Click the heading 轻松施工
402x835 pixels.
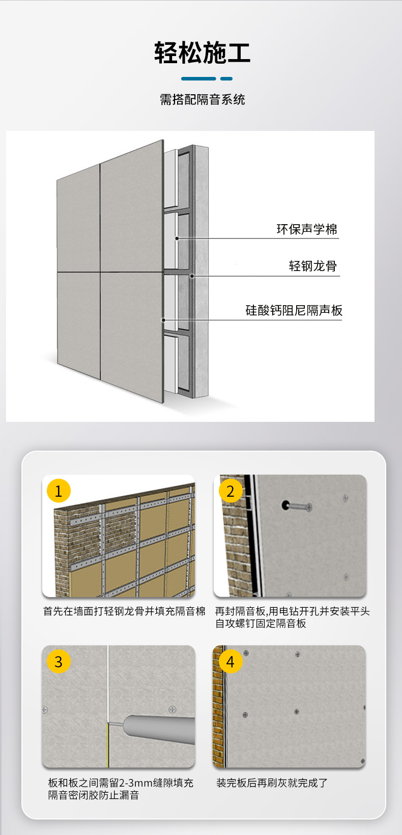coord(202,52)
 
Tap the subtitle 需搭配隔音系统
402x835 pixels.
coord(202,99)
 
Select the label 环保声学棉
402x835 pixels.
coord(307,229)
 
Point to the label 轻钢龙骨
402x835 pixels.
coord(312,266)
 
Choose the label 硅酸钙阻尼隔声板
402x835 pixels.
coord(294,310)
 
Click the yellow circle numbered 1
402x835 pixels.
coord(59,491)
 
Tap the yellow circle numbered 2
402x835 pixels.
coord(231,491)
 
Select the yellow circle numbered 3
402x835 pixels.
coord(59,662)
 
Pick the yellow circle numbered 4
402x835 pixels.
coord(231,662)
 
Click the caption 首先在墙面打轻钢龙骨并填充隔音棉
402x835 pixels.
coord(124,611)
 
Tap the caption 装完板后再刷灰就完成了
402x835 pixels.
coord(272,783)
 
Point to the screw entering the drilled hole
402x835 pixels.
coord(300,506)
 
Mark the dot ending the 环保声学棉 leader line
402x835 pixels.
coord(177,238)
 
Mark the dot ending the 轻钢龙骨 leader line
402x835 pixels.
coord(192,276)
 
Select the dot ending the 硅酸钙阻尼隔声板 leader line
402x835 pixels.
coord(163,320)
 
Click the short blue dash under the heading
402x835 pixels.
coord(226,78)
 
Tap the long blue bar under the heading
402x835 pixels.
coord(198,78)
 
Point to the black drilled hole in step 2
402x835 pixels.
coord(285,505)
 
